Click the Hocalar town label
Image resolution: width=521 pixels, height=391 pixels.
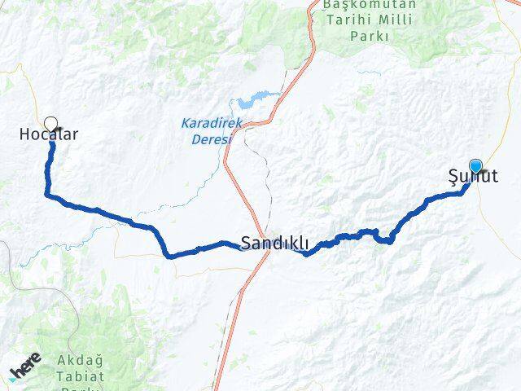pyautogui.click(x=49, y=135)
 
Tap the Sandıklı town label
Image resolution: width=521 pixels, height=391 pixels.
pyautogui.click(x=274, y=242)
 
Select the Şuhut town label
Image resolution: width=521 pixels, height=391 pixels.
pyautogui.click(x=473, y=175)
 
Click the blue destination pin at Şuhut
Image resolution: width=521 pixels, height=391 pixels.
pyautogui.click(x=475, y=166)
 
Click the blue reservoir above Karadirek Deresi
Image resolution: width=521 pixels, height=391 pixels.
pyautogui.click(x=247, y=104)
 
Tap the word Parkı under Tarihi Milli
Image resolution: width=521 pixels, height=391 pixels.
pyautogui.click(x=370, y=36)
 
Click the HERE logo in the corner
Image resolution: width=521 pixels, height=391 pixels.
pyautogui.click(x=24, y=371)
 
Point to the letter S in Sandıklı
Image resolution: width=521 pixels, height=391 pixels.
pyautogui.click(x=246, y=242)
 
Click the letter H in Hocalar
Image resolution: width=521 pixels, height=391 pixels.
pyautogui.click(x=24, y=135)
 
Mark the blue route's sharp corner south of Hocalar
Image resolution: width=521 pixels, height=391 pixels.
pyautogui.click(x=47, y=194)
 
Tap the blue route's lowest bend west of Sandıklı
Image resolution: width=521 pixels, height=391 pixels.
pyautogui.click(x=170, y=256)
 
